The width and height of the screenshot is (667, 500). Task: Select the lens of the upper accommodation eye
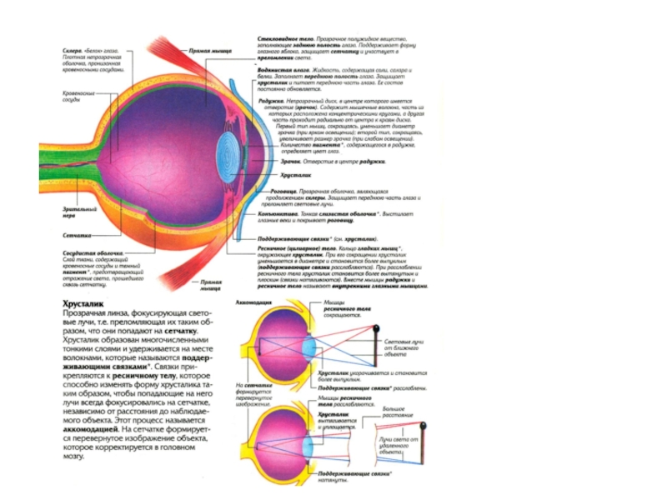297,342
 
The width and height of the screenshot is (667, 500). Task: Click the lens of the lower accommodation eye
295,435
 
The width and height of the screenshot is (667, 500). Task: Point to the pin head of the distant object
424,427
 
